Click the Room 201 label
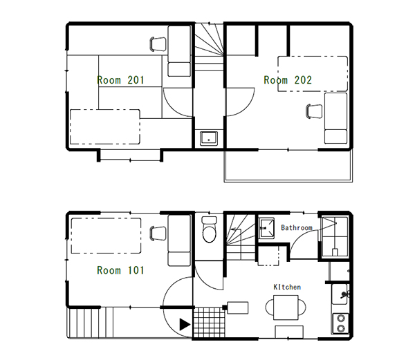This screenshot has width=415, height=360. (120, 80)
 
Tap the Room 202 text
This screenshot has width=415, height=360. (288, 80)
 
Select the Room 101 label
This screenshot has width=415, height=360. (120, 270)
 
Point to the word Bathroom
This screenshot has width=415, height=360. (297, 227)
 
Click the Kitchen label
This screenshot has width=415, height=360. (286, 287)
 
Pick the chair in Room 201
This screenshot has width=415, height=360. (158, 44)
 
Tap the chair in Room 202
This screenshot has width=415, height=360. (314, 111)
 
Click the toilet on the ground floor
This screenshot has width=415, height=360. (209, 231)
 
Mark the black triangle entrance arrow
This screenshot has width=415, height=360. (183, 323)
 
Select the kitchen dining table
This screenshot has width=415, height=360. (286, 305)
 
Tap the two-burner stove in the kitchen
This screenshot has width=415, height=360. (340, 323)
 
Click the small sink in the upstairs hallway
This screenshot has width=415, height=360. (209, 138)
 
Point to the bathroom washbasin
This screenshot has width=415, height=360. (266, 228)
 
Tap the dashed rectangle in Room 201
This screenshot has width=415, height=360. (104, 126)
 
